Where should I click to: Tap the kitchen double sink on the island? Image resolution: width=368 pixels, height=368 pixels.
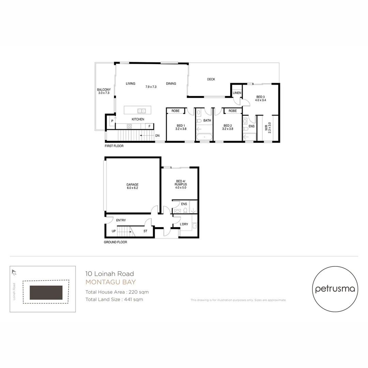click(x=141, y=111)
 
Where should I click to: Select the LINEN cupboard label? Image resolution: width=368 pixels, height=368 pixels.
click(x=237, y=93)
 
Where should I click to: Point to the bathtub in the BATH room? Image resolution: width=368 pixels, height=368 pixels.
click(x=204, y=137)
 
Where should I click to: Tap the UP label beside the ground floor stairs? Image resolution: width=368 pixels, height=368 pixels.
click(x=113, y=231)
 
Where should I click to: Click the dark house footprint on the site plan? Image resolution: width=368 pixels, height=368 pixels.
click(x=46, y=292)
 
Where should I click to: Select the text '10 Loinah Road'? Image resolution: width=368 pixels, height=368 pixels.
click(x=109, y=274)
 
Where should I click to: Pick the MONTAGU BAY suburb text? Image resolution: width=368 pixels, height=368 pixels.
click(x=110, y=282)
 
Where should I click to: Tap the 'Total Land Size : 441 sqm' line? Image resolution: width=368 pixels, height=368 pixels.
click(x=114, y=300)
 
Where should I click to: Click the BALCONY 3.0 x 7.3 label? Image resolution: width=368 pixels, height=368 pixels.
click(x=104, y=91)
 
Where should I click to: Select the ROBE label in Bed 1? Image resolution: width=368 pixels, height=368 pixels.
click(x=175, y=111)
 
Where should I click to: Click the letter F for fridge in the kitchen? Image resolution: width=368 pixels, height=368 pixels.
click(x=149, y=126)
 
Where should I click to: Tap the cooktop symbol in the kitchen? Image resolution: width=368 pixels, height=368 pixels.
click(x=129, y=126)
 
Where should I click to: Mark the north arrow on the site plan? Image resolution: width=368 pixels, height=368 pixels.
click(x=14, y=272)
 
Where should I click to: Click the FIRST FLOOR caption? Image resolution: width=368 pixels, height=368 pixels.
click(x=114, y=146)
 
